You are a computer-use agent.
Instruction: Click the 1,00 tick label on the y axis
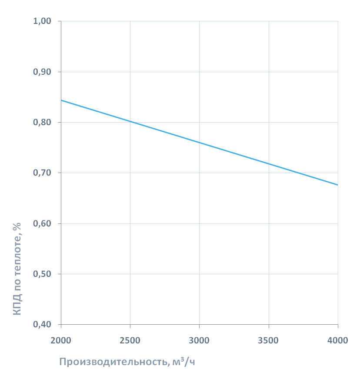pos(42,21)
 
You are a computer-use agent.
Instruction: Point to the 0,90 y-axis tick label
pos(42,72)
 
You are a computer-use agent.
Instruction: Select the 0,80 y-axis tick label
pos(42,122)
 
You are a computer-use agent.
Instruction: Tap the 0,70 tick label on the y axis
pos(42,173)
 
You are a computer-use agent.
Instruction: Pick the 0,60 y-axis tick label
pos(42,223)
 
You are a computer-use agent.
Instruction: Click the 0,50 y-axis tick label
pos(42,274)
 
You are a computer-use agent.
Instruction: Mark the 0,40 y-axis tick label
pos(42,325)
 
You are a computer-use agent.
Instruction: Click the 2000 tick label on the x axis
pos(61,340)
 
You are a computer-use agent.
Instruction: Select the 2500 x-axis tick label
pos(130,340)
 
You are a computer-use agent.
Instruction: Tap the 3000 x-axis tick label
pos(200,340)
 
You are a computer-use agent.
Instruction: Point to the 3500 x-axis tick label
pos(269,340)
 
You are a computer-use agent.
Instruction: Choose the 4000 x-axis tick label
pos(338,340)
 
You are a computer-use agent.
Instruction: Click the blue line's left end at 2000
pos(61,100)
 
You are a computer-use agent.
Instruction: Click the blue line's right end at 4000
pos(338,185)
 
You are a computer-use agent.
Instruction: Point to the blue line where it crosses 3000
pos(200,143)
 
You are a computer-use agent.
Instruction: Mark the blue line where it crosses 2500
pos(130,121)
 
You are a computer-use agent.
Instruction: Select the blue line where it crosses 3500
pos(269,164)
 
